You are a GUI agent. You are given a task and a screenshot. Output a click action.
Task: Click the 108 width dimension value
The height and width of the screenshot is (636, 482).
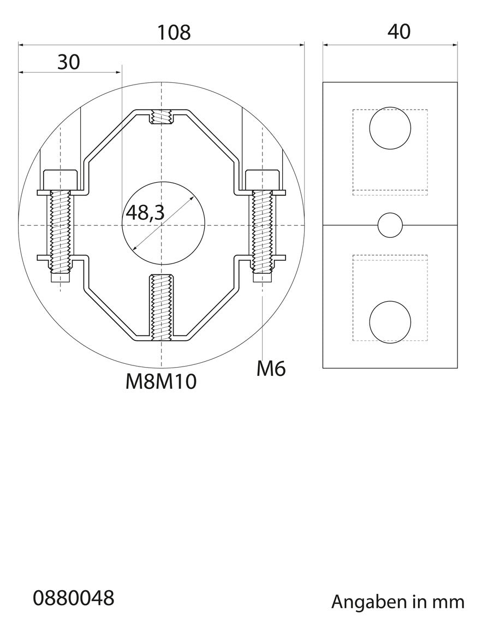(x=174, y=32)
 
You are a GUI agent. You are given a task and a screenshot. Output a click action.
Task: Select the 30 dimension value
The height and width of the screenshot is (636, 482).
(x=69, y=62)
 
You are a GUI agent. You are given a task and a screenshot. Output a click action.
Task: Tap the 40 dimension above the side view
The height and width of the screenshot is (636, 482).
(x=399, y=32)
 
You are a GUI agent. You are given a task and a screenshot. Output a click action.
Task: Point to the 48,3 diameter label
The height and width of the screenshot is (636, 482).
(x=145, y=212)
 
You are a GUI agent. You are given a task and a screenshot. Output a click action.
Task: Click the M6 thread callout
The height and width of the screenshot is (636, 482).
(x=271, y=368)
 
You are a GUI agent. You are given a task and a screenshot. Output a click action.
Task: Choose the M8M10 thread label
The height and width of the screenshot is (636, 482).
(x=161, y=382)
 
